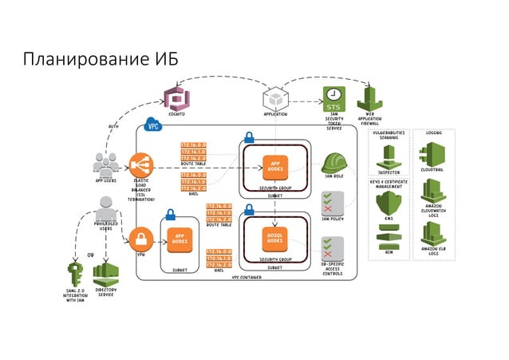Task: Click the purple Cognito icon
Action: click(x=176, y=98)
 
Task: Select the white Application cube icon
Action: click(x=274, y=99)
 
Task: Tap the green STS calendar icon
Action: click(x=333, y=98)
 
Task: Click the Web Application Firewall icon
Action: click(x=369, y=100)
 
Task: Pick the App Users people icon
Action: click(x=106, y=164)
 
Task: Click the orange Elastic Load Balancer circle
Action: click(x=141, y=165)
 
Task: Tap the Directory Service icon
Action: click(x=105, y=274)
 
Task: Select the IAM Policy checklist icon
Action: click(x=332, y=203)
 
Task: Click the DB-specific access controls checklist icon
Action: click(x=332, y=247)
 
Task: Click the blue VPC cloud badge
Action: click(x=152, y=125)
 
